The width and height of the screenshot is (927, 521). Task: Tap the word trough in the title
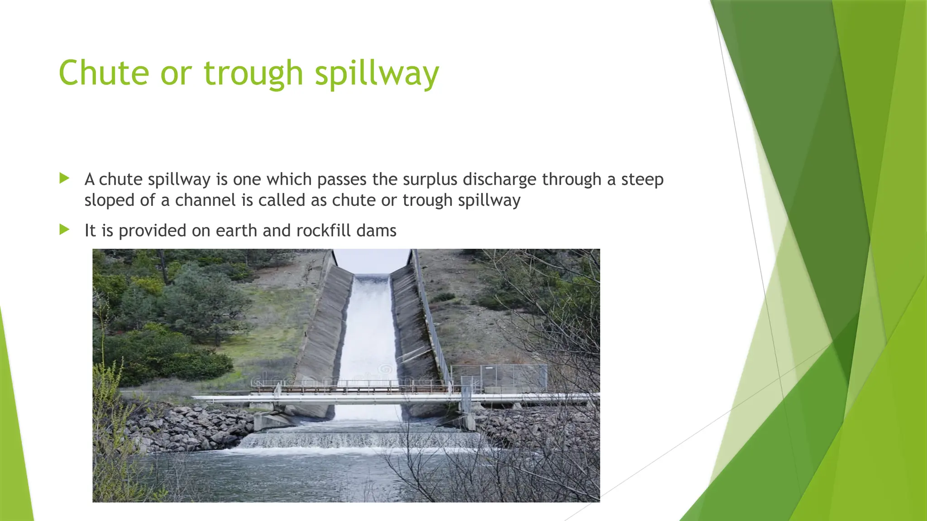click(253, 74)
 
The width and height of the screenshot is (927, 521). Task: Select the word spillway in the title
click(377, 74)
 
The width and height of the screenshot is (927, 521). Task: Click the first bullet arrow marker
click(64, 178)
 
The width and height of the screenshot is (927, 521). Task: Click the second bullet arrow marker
click(64, 230)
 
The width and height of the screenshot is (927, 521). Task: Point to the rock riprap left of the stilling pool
click(190, 427)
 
